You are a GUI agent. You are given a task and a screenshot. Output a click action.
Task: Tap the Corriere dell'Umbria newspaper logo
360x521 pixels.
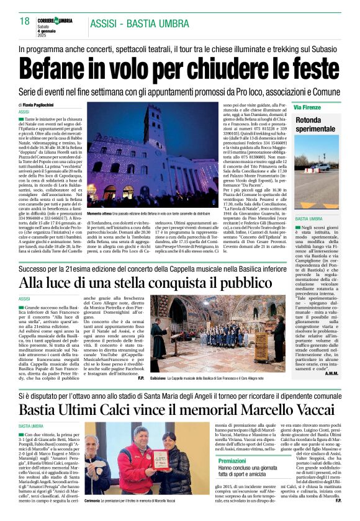pos(56,20)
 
